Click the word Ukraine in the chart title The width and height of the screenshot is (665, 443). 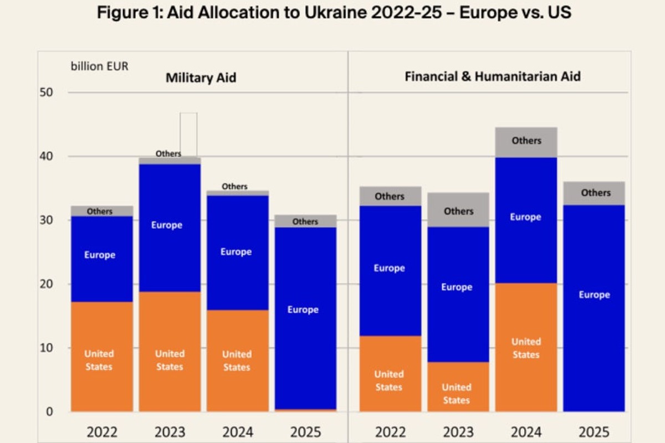pos(335,13)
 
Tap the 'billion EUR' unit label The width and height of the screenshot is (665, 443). pos(99,66)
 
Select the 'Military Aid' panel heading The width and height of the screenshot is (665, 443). pos(201,78)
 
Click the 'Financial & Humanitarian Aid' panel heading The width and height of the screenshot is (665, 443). pos(493,76)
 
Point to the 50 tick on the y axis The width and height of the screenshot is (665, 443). pos(47,92)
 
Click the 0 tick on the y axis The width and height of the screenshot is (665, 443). pos(49,411)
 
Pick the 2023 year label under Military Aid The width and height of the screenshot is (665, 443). pos(170,432)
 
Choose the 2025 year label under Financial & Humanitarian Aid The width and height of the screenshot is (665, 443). pos(594,432)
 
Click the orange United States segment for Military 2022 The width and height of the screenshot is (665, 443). pos(102,357)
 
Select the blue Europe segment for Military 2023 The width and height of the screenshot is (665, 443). pos(170,228)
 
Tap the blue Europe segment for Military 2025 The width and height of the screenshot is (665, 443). pos(305,318)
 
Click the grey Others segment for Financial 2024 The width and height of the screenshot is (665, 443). pos(526,142)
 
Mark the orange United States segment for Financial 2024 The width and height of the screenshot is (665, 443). pos(526,347)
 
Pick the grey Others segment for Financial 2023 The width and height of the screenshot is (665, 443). pos(458,210)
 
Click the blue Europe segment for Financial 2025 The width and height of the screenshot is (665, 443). pos(594,308)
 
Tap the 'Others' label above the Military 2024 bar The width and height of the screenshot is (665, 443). pos(234,187)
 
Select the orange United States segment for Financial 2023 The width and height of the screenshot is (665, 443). pos(458,387)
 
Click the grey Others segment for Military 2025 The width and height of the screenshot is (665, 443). pos(305,221)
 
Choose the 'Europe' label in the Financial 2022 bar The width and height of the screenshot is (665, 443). pos(389,268)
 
